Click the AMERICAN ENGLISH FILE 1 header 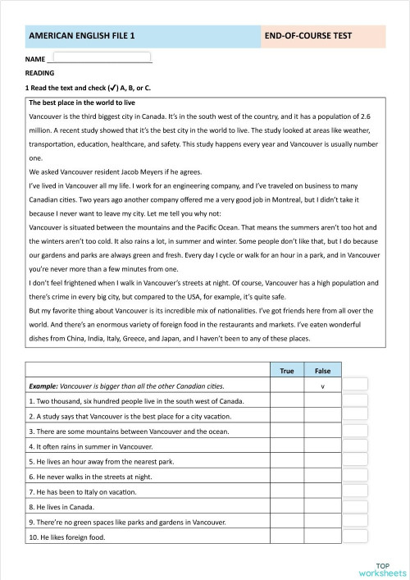point(82,37)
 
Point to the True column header point(287,372)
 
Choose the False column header point(321,372)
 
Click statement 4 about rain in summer point(90,447)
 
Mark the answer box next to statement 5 point(354,462)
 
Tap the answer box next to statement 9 point(354,523)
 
